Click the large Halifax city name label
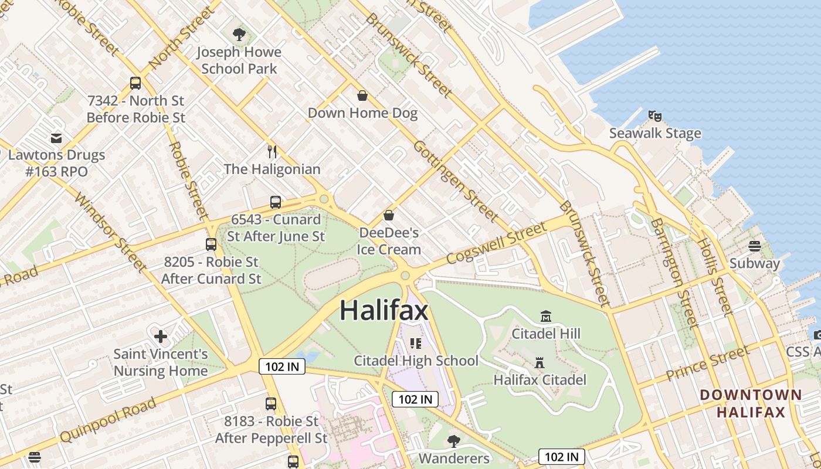point(384,310)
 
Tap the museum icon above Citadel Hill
point(546,317)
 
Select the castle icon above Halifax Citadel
point(540,362)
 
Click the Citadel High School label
point(416,361)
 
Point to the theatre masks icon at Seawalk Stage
point(655,116)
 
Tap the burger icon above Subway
point(755,246)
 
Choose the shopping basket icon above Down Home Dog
point(362,96)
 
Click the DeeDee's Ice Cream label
point(389,241)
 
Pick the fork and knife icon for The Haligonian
point(272,152)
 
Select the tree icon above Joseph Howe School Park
point(239,35)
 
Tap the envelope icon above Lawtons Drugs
point(56,138)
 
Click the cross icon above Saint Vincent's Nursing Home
point(160,337)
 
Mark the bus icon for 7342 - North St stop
point(135,83)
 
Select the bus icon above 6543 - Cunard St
point(275,202)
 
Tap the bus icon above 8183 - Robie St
point(270,403)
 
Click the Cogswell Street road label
point(496,243)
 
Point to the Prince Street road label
point(707,363)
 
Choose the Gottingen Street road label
point(456,181)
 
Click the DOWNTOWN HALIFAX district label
point(751,403)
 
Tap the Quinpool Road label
point(108,420)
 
